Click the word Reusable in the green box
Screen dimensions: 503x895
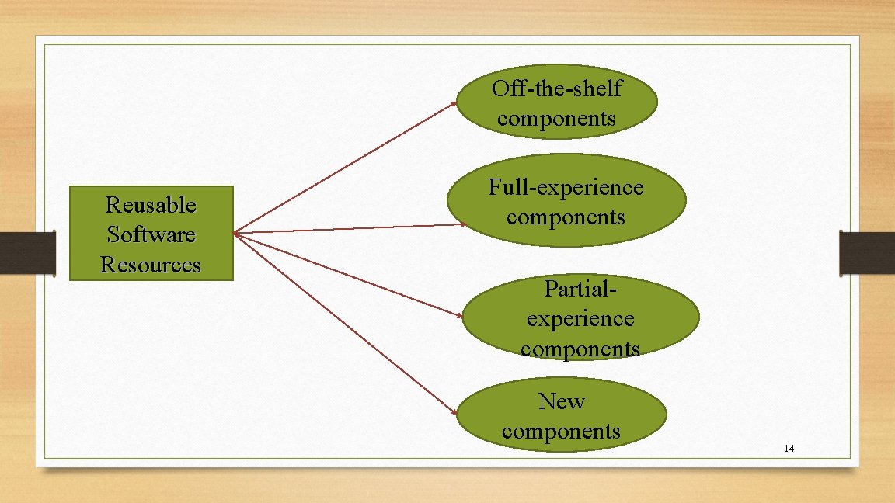pos(151,205)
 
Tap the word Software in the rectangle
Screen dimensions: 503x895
pos(151,234)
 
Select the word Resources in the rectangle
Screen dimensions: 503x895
pos(151,265)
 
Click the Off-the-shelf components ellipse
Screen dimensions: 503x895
pos(556,102)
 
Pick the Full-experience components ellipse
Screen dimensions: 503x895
pos(566,201)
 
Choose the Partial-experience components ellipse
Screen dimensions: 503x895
pos(580,318)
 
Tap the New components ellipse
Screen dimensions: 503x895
pos(561,416)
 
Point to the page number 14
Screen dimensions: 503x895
pos(789,449)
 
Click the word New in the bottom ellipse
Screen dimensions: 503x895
pos(561,401)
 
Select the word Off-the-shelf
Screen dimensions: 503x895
pos(556,88)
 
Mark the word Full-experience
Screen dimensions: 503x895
pos(566,187)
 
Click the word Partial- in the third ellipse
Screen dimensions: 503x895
pos(580,289)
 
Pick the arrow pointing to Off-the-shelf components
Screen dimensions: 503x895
pos(346,167)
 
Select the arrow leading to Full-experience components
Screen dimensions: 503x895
pos(350,228)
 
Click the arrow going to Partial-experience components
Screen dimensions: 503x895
pos(350,275)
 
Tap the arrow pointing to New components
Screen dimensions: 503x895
pos(346,323)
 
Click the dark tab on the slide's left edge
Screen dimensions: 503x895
pos(27,252)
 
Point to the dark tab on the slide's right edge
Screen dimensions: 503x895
pos(867,252)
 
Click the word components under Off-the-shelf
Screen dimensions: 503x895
pos(556,118)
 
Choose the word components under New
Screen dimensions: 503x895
pos(561,431)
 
